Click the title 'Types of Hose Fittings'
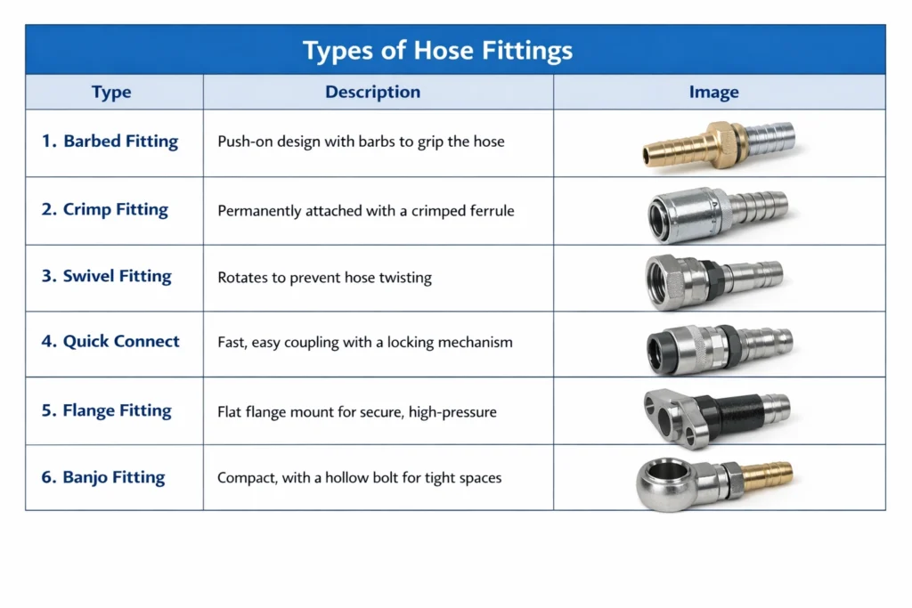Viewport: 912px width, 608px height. tap(437, 51)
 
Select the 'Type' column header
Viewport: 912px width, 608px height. tap(111, 92)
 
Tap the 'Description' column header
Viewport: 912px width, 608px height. tap(372, 92)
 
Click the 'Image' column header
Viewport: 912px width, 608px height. tap(713, 92)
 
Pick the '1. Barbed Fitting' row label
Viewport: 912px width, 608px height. tap(110, 142)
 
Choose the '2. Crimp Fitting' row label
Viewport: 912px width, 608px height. tap(105, 209)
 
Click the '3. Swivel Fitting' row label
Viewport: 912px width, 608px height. tap(107, 276)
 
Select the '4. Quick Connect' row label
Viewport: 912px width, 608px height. tap(110, 341)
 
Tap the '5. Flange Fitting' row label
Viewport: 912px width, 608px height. tap(107, 410)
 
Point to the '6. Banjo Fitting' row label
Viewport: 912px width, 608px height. tap(103, 477)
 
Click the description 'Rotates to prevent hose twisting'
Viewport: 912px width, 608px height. tap(324, 278)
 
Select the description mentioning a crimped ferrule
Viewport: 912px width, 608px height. tap(366, 211)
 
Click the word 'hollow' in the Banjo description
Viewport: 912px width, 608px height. tap(346, 478)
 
